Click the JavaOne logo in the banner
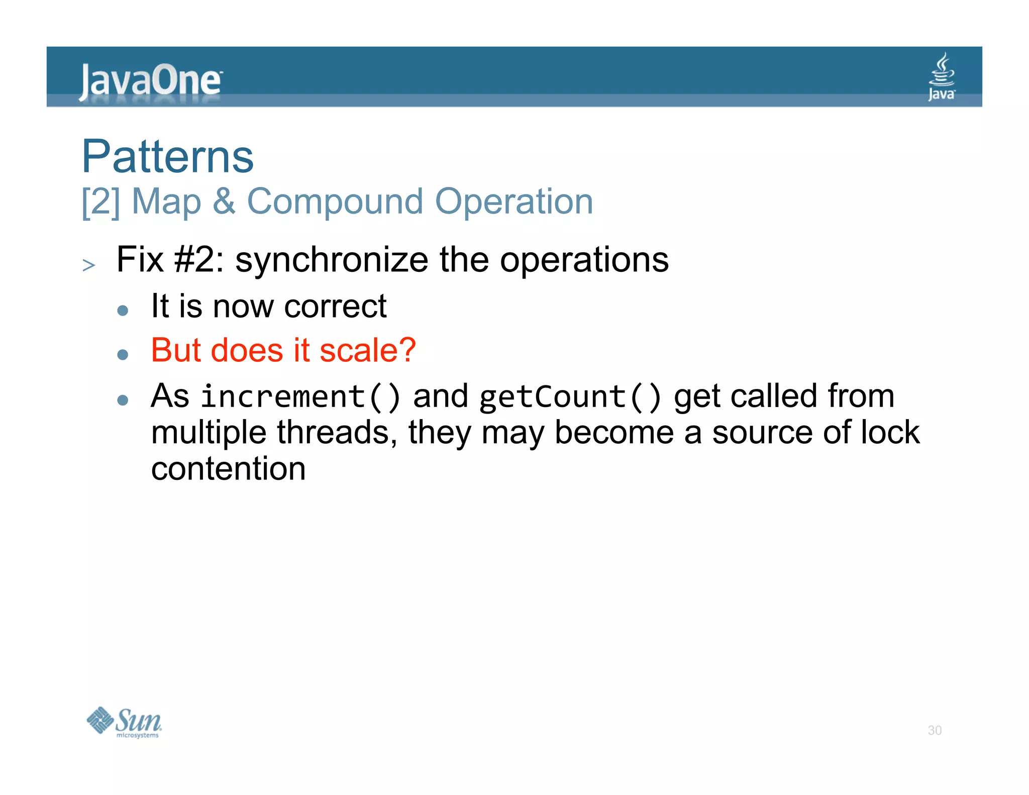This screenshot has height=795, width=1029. click(x=150, y=81)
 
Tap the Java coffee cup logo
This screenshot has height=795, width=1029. click(x=942, y=77)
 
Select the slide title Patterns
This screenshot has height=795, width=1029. click(x=168, y=156)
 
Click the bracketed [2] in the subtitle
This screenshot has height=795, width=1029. click(x=101, y=202)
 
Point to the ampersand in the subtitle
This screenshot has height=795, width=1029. click(x=224, y=202)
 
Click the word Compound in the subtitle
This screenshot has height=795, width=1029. click(x=335, y=202)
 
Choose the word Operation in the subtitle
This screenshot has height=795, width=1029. click(x=513, y=202)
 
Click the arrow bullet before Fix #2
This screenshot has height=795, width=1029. click(x=89, y=265)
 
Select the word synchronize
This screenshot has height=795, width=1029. click(x=332, y=260)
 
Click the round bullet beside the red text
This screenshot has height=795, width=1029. click(x=123, y=355)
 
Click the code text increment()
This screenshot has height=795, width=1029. click(x=300, y=396)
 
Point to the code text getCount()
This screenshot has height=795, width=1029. click(x=570, y=396)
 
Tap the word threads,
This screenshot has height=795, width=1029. click(x=337, y=433)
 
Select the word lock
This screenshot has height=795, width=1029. click(x=890, y=433)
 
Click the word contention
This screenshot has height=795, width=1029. click(x=229, y=469)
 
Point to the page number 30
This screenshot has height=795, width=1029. click(x=935, y=730)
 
